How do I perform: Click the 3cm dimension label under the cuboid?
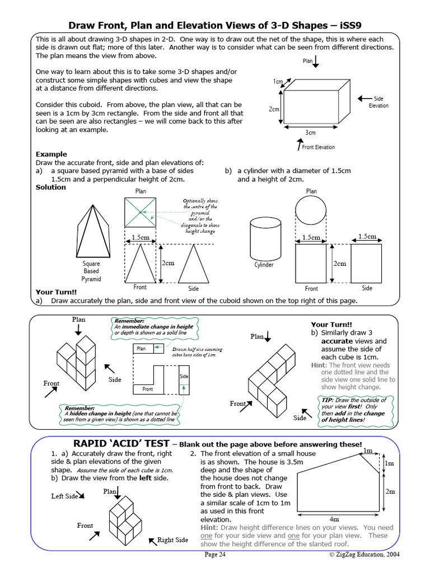point(310,133)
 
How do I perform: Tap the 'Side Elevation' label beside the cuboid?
point(378,102)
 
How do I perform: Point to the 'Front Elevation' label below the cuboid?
point(318,147)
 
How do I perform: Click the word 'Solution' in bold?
point(51,187)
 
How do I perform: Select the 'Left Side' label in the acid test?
point(65,496)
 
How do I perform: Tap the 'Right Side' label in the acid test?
point(172,540)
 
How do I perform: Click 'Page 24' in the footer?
point(215,555)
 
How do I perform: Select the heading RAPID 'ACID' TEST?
point(121,443)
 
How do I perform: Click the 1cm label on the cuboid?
point(278,82)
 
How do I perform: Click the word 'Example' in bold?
point(51,154)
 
